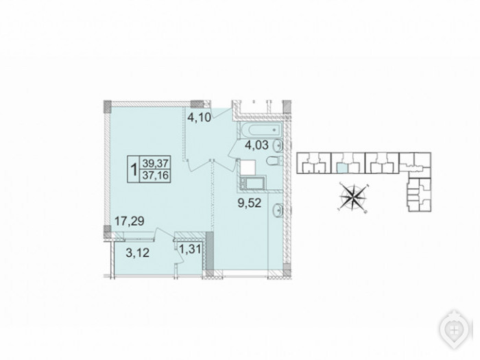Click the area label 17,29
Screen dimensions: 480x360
tap(129, 220)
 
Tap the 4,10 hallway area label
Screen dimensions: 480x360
tap(199, 117)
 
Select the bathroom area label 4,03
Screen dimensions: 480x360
tap(256, 145)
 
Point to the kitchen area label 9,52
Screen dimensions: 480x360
tap(250, 202)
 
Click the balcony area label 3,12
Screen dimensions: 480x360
tap(137, 252)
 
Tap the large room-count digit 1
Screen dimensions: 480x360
tap(134, 169)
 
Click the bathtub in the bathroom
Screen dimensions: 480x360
tap(263, 130)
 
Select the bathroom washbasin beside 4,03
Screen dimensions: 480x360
tap(278, 145)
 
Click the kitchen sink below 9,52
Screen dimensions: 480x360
tap(278, 210)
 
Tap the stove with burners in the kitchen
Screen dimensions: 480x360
tap(243, 183)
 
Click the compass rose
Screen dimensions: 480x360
tap(353, 196)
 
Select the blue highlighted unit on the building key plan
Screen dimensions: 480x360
tap(342, 168)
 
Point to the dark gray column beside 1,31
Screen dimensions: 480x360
tap(209, 251)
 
